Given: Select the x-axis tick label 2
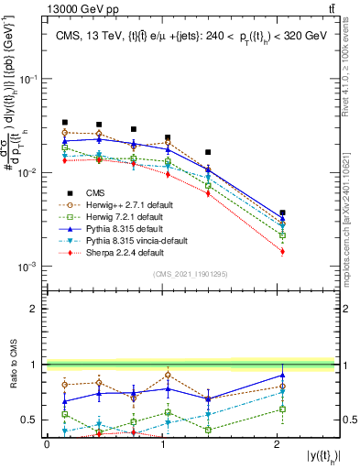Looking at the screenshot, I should click(278, 444).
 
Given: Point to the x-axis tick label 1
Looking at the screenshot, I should click(162, 444).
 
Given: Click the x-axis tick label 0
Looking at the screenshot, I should click(47, 444).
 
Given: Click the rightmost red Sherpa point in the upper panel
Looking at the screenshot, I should click(282, 251).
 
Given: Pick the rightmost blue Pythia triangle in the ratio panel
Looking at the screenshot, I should click(282, 375).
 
